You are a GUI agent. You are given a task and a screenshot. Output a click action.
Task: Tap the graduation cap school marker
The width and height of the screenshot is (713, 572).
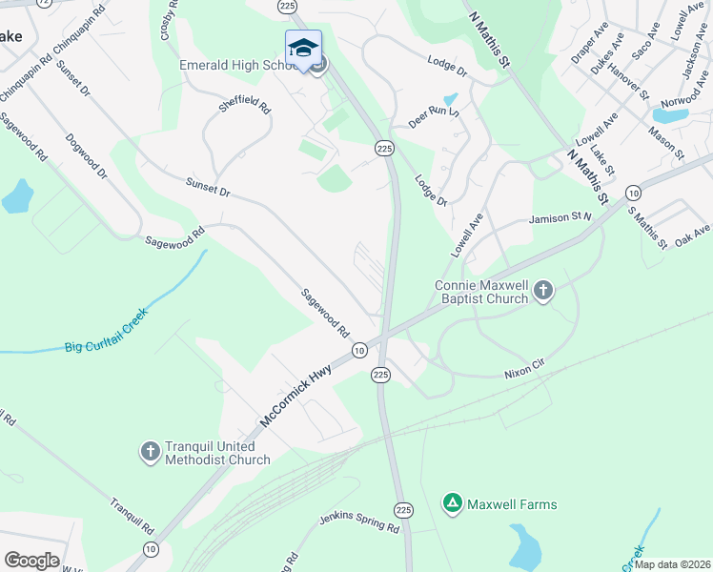click(x=303, y=48)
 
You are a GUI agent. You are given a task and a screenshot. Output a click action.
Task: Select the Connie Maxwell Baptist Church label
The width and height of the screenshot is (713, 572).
click(x=481, y=292)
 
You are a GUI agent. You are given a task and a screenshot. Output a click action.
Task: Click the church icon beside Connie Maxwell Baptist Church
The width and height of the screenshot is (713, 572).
click(x=543, y=290)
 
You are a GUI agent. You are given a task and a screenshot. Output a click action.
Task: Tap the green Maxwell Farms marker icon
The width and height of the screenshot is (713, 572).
click(x=452, y=502)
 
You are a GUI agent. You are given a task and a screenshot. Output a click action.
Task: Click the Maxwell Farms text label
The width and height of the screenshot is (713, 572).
click(x=512, y=503)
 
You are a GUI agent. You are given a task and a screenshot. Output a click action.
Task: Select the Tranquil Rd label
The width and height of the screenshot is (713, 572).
click(x=132, y=516)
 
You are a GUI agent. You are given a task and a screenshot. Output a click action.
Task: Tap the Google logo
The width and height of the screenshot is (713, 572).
click(x=31, y=561)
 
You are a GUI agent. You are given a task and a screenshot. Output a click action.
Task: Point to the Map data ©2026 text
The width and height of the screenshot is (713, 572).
click(x=673, y=564)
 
